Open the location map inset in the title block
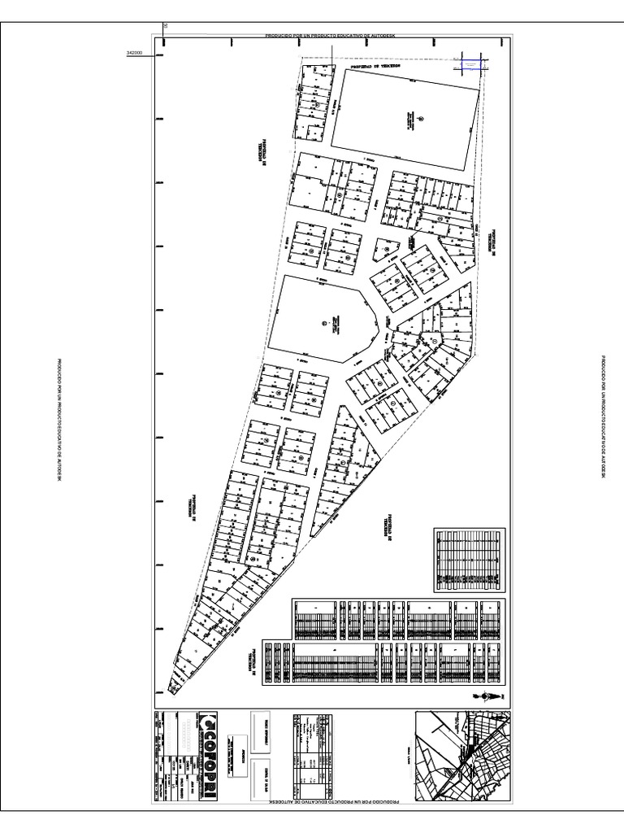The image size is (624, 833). tap(463, 756)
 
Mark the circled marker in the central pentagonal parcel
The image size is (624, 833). tap(323, 324)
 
